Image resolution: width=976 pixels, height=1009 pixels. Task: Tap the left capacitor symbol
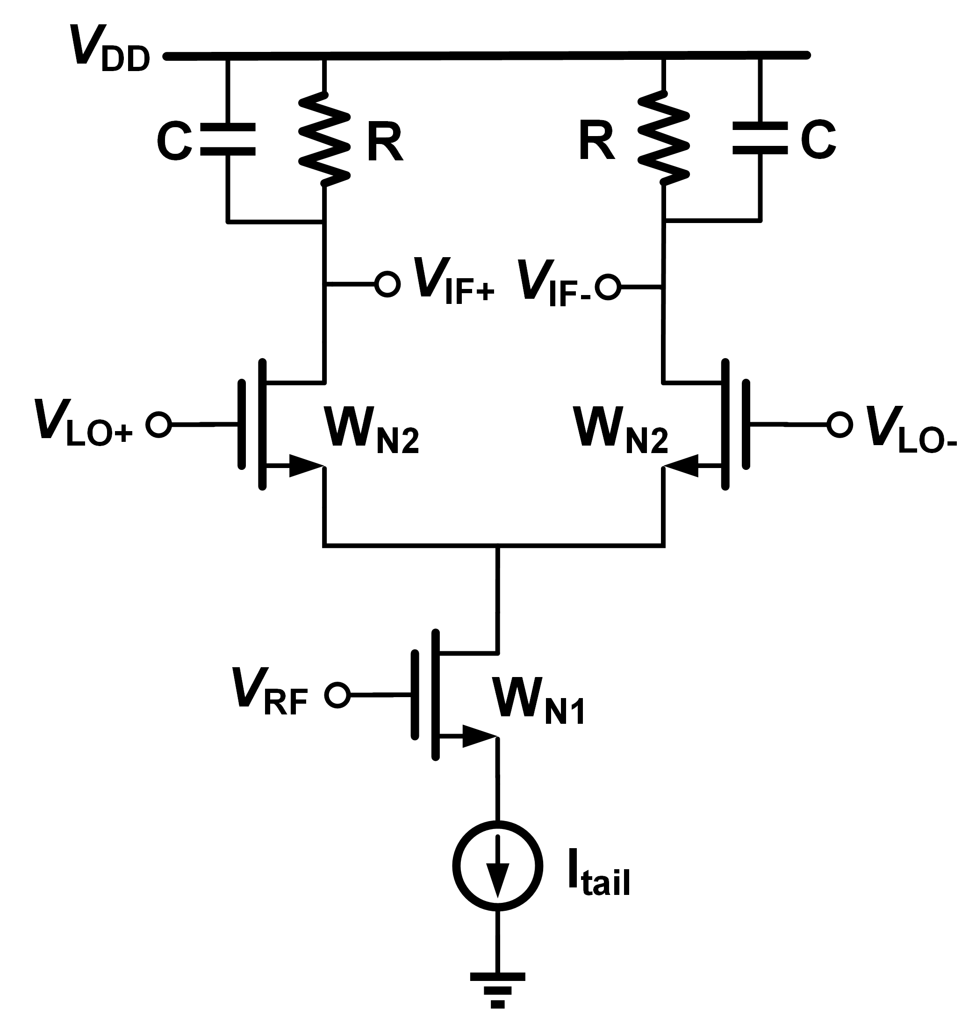pos(227,139)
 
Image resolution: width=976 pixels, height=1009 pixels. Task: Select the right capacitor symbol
pos(760,138)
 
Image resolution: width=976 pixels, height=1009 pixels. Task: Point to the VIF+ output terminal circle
pos(387,284)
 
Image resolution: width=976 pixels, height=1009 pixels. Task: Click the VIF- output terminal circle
pos(608,287)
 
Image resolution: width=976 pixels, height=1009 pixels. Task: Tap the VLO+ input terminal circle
pos(158,425)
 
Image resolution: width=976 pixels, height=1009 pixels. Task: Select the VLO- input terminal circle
pos(840,425)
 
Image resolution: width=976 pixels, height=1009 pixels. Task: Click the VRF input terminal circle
pos(337,695)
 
